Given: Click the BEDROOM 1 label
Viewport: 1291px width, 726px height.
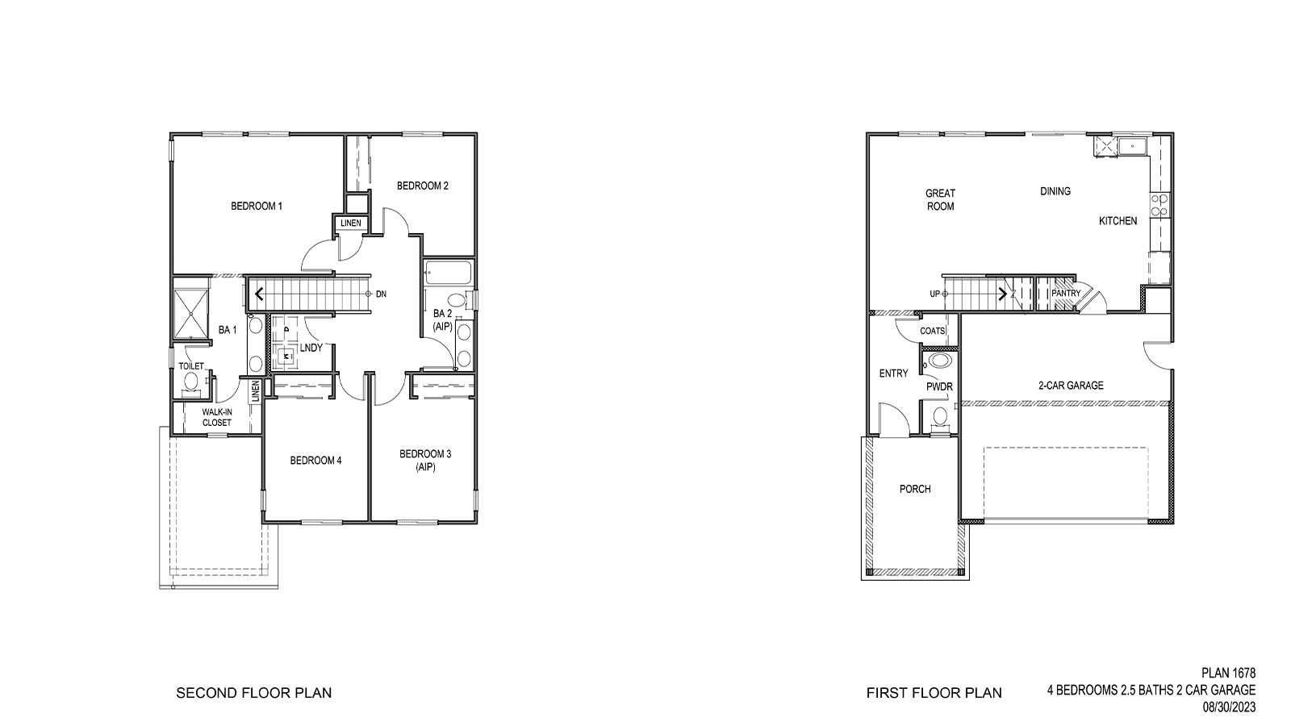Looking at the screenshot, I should click(x=257, y=206).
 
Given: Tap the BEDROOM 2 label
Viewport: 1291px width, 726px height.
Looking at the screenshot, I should click(x=422, y=186).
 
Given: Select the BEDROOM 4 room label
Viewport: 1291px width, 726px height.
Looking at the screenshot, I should click(x=315, y=461).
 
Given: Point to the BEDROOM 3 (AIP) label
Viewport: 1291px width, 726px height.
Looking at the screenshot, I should click(x=425, y=461).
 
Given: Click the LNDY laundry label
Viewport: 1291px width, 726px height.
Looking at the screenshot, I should click(x=311, y=348).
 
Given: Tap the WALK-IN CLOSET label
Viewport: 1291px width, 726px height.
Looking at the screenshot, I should click(x=217, y=417).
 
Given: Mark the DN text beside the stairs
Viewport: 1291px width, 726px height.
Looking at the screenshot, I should click(x=381, y=294).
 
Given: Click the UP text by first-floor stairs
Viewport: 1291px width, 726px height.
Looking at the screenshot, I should click(x=934, y=294).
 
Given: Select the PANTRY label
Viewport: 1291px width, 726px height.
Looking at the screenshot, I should click(x=1065, y=294).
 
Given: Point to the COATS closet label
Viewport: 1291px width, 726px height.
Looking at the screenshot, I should click(x=932, y=332).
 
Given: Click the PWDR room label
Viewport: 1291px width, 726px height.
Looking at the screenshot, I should click(x=939, y=387).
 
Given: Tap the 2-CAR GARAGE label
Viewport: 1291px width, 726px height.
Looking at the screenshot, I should click(x=1071, y=386).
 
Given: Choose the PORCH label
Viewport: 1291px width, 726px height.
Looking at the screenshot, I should click(x=915, y=489).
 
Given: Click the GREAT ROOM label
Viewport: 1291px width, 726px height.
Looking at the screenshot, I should click(x=940, y=199).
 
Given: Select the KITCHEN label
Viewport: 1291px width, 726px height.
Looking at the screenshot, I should click(x=1118, y=220).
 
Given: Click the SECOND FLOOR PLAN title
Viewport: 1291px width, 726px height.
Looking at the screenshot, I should click(x=253, y=693).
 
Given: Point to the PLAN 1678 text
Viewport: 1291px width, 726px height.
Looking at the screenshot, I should click(x=1228, y=672).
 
